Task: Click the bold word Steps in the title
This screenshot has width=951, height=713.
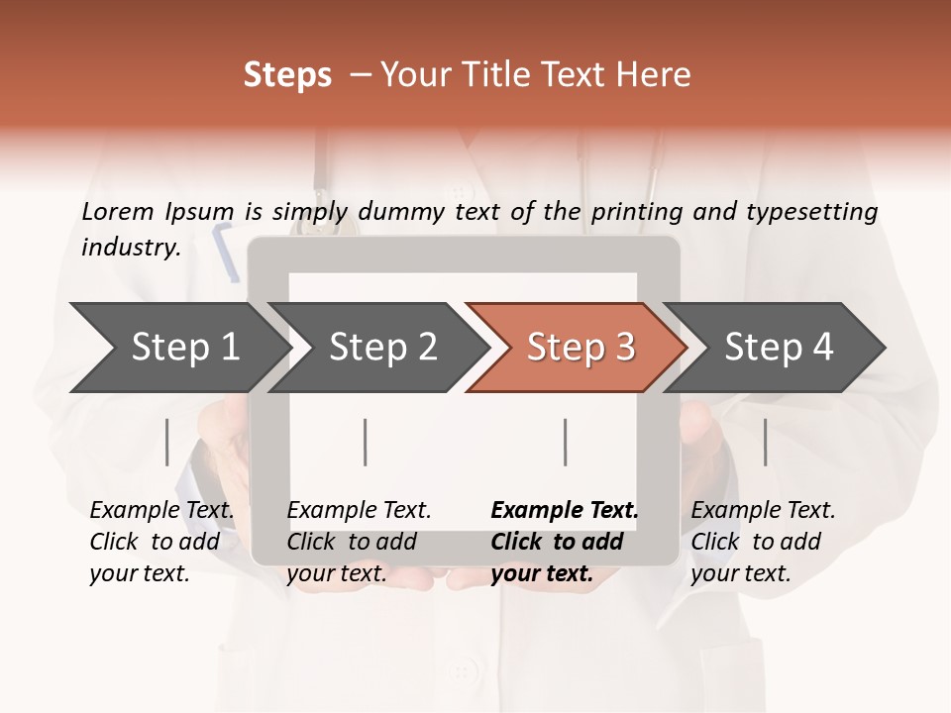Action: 287,75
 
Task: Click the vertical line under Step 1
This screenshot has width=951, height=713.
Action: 167,442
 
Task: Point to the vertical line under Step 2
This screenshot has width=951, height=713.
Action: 366,442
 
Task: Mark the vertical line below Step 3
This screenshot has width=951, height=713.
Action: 566,442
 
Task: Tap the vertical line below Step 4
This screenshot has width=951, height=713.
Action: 766,442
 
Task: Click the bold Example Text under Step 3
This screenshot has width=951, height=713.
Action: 565,542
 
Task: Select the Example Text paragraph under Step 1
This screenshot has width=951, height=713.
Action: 161,542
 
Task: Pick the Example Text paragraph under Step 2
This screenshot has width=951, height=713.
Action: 359,542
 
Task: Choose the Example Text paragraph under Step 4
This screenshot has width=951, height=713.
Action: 763,542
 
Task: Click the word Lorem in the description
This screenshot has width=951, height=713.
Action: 118,211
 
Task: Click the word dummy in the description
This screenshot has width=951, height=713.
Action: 402,212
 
